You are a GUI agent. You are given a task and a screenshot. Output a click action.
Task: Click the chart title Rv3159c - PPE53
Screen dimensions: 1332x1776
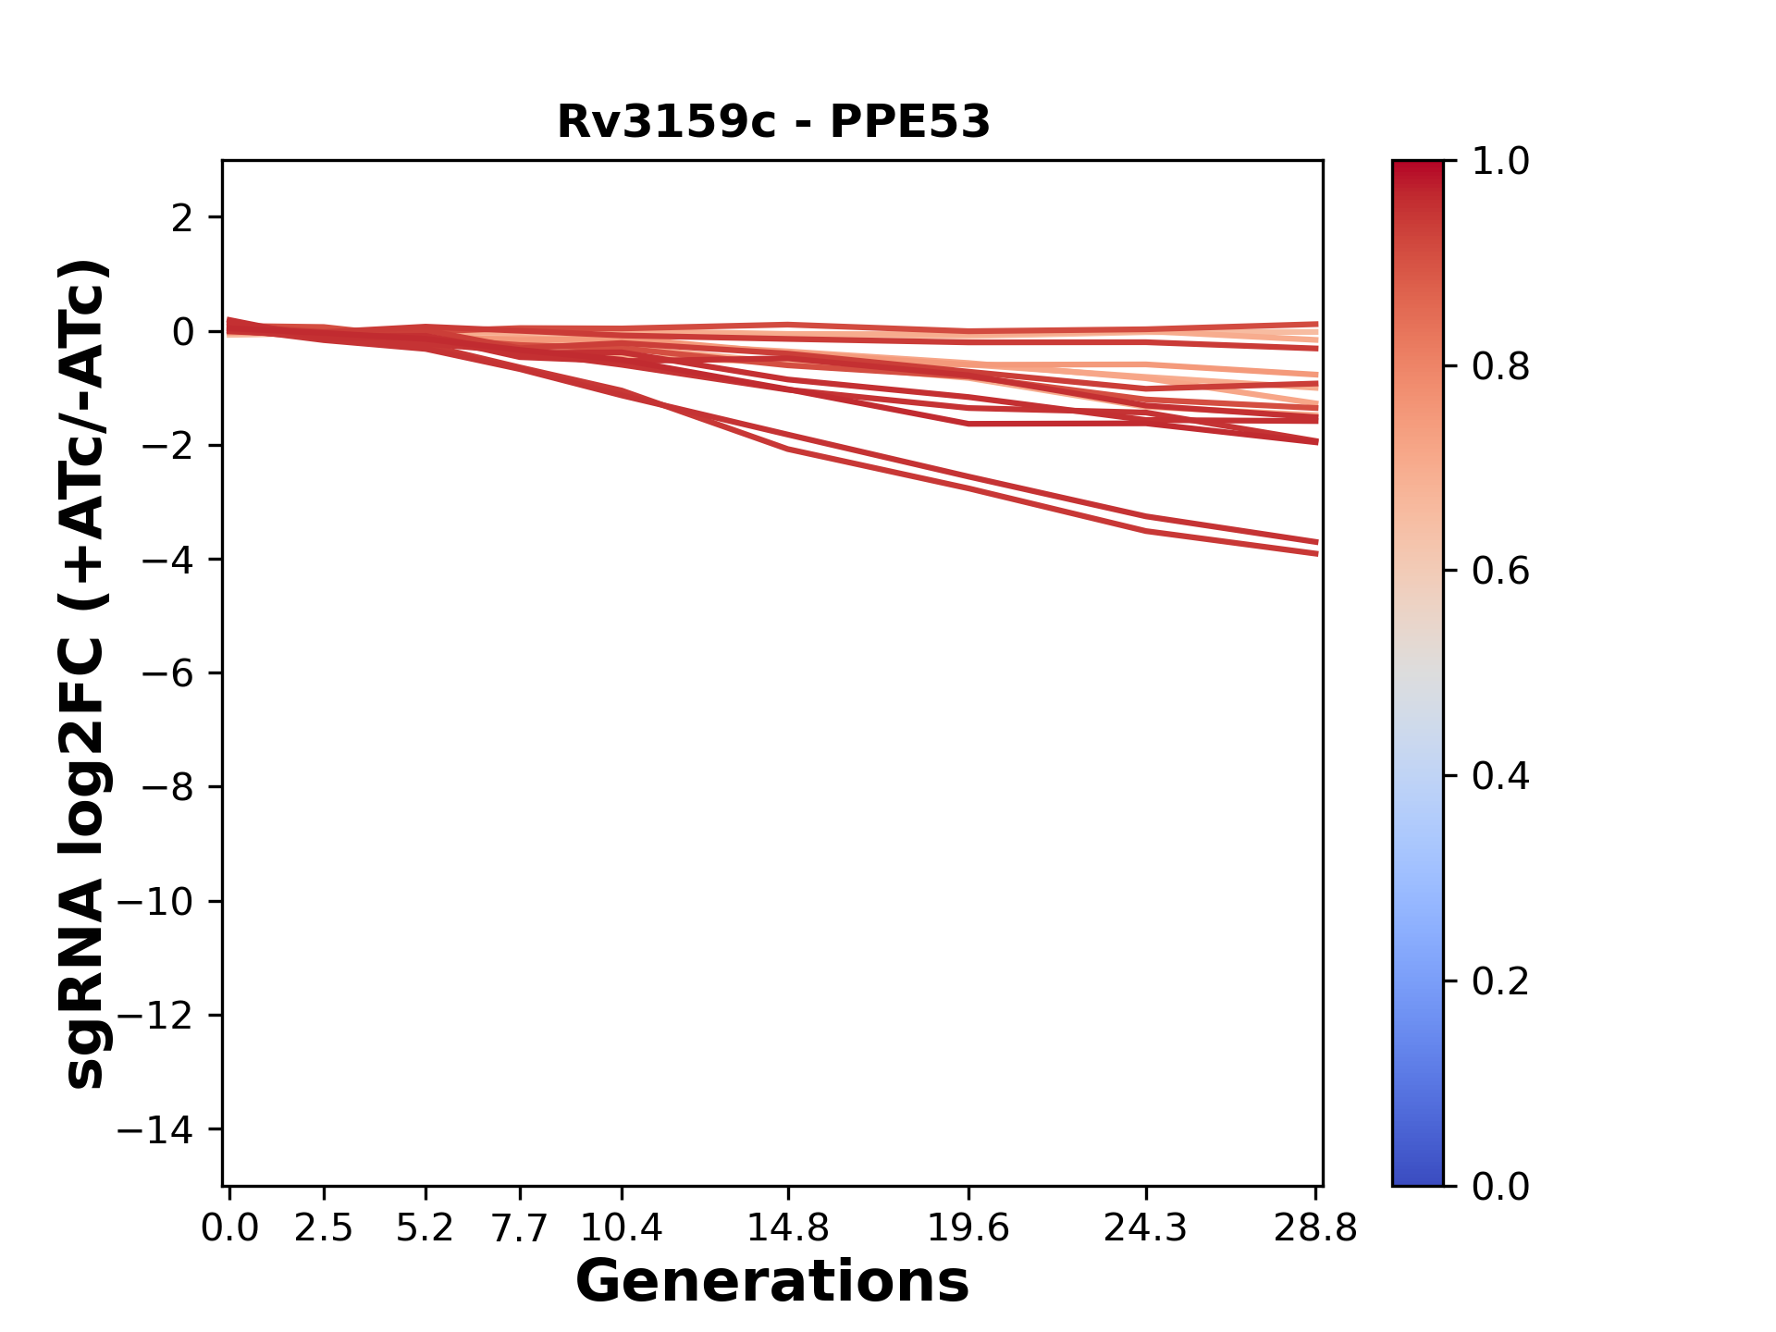(773, 122)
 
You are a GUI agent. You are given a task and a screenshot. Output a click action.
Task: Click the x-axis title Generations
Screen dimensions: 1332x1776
(772, 1282)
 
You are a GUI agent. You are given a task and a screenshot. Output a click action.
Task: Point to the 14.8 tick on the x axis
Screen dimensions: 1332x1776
(787, 1228)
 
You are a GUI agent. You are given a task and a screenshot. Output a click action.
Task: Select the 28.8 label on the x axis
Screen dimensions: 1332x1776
(1315, 1228)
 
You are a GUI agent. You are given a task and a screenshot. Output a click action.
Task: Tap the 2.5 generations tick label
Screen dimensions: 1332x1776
(324, 1228)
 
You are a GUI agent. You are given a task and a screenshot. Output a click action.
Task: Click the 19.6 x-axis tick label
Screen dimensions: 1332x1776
(968, 1228)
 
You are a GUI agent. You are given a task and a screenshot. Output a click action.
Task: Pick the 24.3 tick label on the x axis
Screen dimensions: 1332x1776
(1146, 1228)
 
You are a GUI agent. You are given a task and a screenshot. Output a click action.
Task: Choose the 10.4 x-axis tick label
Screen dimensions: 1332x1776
(621, 1228)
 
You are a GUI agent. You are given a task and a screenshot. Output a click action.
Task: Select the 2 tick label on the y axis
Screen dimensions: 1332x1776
(182, 218)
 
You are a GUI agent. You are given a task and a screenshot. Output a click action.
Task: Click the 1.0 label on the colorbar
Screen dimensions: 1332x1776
(1500, 162)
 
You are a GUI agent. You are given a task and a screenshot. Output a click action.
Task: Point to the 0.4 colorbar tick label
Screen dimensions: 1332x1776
(1500, 776)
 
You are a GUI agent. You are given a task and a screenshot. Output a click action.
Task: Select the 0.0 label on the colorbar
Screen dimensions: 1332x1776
(1500, 1186)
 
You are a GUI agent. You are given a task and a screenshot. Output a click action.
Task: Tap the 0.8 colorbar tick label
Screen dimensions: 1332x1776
(1500, 367)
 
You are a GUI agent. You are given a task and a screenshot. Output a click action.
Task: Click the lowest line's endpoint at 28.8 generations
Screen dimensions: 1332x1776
(1316, 554)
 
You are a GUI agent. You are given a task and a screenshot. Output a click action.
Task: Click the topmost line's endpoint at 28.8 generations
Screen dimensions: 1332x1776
(1316, 324)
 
